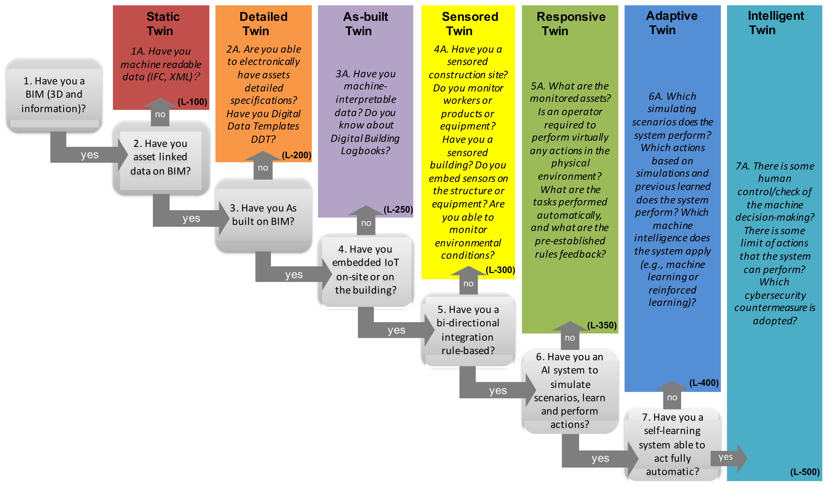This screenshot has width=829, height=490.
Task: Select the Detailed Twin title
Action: pos(263,24)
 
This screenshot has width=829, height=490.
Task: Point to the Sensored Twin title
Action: pos(470,24)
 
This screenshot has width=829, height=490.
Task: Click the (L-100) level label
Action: pos(192,102)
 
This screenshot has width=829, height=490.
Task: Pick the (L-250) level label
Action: pos(398,209)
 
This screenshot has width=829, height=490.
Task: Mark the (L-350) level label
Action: pos(602,325)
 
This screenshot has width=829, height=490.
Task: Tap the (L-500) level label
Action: pos(805,472)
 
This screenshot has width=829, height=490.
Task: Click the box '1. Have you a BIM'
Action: pos(54,95)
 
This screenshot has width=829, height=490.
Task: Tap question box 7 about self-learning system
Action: pos(672,444)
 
